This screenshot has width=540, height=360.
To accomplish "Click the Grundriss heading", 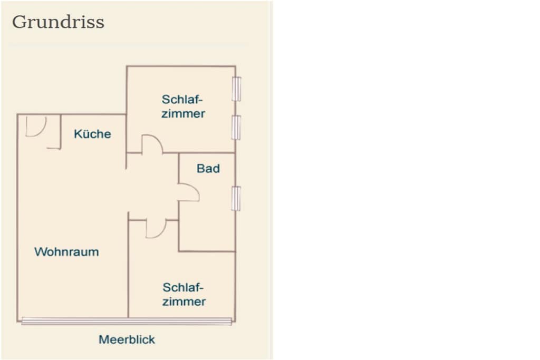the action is pyautogui.click(x=58, y=22).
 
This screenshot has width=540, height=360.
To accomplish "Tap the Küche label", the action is pyautogui.click(x=92, y=133).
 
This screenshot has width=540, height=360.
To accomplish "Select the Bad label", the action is pyautogui.click(x=208, y=168).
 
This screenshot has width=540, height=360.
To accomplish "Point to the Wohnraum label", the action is pyautogui.click(x=66, y=251).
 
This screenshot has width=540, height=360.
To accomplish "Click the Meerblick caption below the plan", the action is pyautogui.click(x=127, y=339).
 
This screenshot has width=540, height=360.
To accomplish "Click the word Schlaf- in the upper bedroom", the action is pyautogui.click(x=182, y=100).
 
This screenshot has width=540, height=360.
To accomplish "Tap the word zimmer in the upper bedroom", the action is pyautogui.click(x=183, y=113).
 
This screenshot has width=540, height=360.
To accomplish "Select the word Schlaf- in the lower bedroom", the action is pyautogui.click(x=183, y=287).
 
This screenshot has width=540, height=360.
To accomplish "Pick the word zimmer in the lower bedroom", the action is pyautogui.click(x=184, y=301).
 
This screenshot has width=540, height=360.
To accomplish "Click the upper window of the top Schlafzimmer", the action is pyautogui.click(x=236, y=89).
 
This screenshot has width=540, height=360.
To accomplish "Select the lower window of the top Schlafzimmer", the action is pyautogui.click(x=236, y=128).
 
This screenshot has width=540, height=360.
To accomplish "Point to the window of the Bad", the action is pyautogui.click(x=236, y=198).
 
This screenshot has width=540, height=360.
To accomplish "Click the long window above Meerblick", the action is pyautogui.click(x=127, y=322).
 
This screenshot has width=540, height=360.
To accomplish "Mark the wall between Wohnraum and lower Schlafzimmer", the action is pyautogui.click(x=128, y=265).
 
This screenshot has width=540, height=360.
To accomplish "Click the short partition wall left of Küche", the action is pyautogui.click(x=61, y=132).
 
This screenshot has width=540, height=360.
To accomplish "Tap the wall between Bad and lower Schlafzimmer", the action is pyautogui.click(x=207, y=251).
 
